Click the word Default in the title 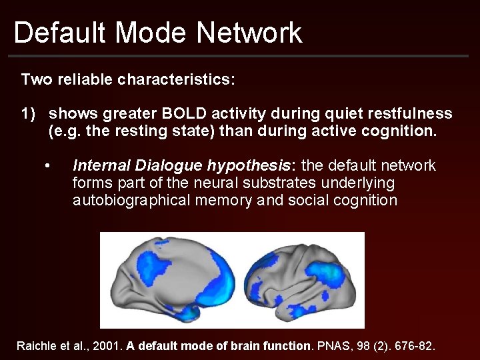(55, 32)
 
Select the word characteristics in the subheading (177, 80)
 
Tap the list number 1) (29, 114)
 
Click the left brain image (175, 280)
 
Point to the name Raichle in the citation (35, 346)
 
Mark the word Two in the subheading (34, 80)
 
